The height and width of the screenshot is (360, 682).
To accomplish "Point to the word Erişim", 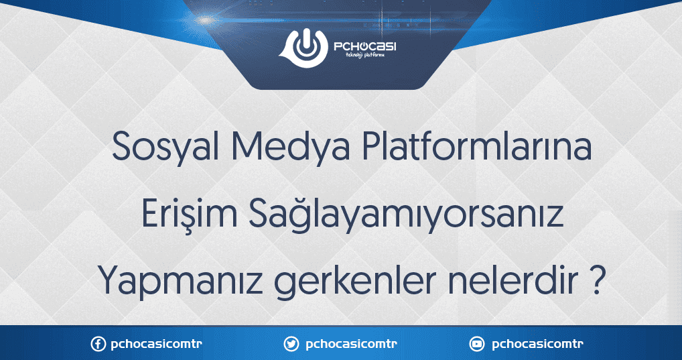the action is (189, 215).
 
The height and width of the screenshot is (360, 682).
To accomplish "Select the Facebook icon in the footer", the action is (98, 345).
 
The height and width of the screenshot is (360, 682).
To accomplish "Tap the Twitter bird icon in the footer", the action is (291, 345).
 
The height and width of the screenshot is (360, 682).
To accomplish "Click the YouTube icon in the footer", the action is (477, 345).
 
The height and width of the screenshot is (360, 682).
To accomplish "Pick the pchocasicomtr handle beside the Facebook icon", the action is (157, 345).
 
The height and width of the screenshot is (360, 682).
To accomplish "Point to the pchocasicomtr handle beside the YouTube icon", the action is (537, 345).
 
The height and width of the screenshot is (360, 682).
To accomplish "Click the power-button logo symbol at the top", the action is (303, 48).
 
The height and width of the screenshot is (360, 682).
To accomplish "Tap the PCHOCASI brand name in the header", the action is (365, 46).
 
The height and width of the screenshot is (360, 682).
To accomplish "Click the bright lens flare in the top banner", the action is (204, 19).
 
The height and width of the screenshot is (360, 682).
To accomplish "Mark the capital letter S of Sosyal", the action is (122, 147).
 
